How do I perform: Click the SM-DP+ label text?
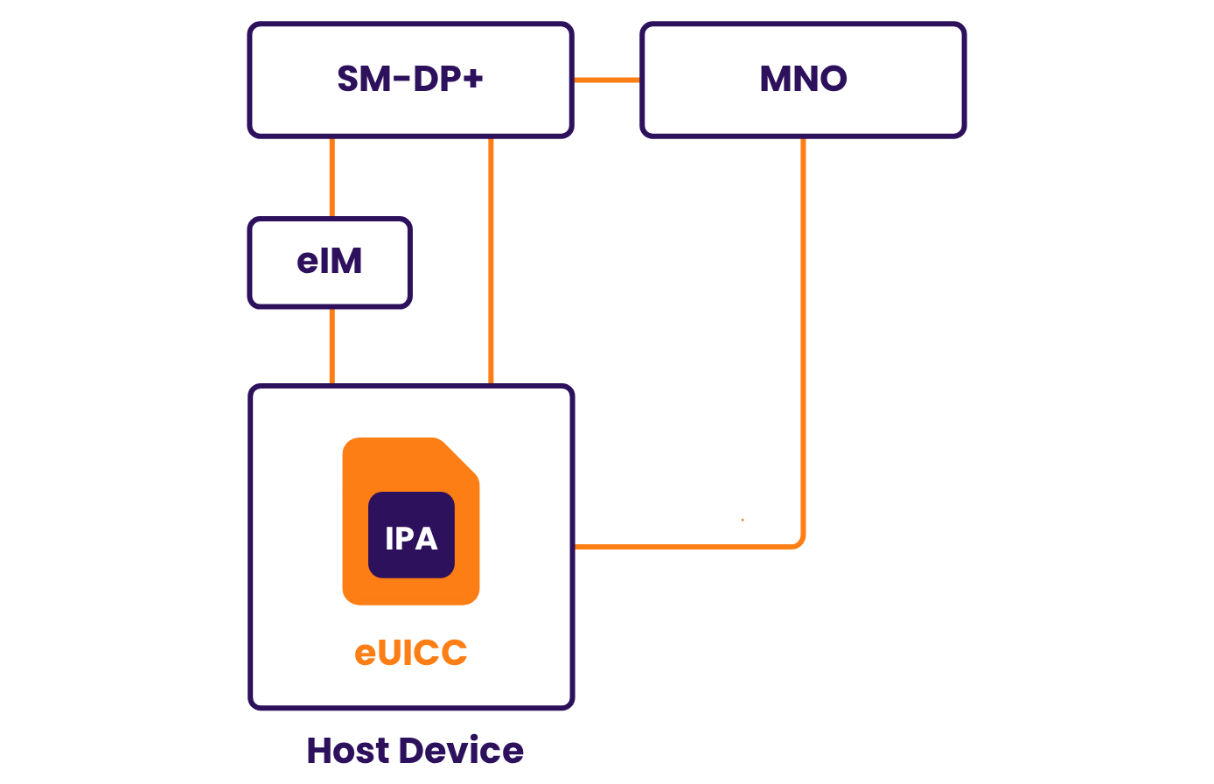410,80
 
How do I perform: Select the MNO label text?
803,80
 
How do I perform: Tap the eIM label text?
330,262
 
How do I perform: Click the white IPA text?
411,538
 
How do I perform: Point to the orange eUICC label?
411,653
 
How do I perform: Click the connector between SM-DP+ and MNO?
607,80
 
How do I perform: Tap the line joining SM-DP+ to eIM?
332,178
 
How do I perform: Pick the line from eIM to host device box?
332,346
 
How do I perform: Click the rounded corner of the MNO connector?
799,542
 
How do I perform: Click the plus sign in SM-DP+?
472,79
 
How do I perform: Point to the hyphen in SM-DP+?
401,80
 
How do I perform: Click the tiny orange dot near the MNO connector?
743,520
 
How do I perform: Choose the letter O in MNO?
831,80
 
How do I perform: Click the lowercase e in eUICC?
365,654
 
